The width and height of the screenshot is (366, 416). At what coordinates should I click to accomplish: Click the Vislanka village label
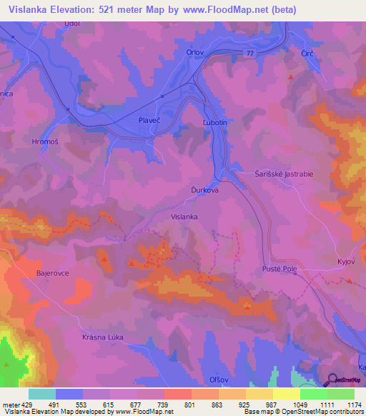click(184, 216)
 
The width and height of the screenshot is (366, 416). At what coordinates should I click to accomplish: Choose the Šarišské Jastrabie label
click(283, 173)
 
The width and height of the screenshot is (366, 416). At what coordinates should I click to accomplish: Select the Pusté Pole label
click(280, 269)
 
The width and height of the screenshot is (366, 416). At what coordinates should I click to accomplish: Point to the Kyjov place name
click(346, 262)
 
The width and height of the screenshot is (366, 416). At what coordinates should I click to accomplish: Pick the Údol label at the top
click(71, 24)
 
